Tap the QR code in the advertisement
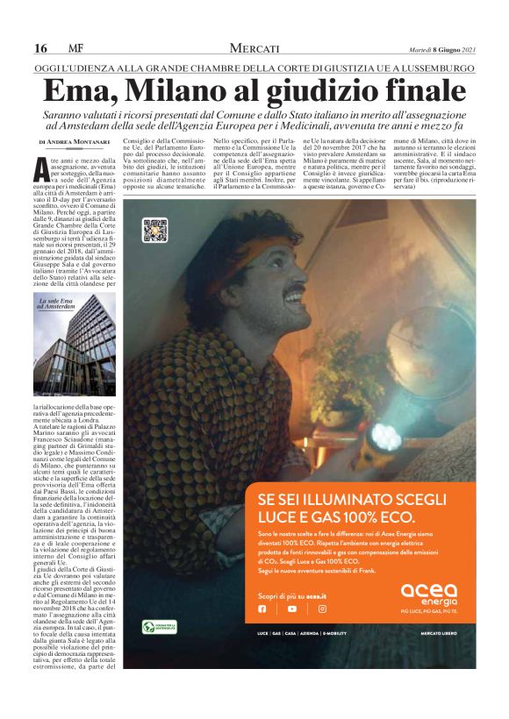pos(155,231)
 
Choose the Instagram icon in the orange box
pos(322,609)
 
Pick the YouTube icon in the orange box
pos(291,609)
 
